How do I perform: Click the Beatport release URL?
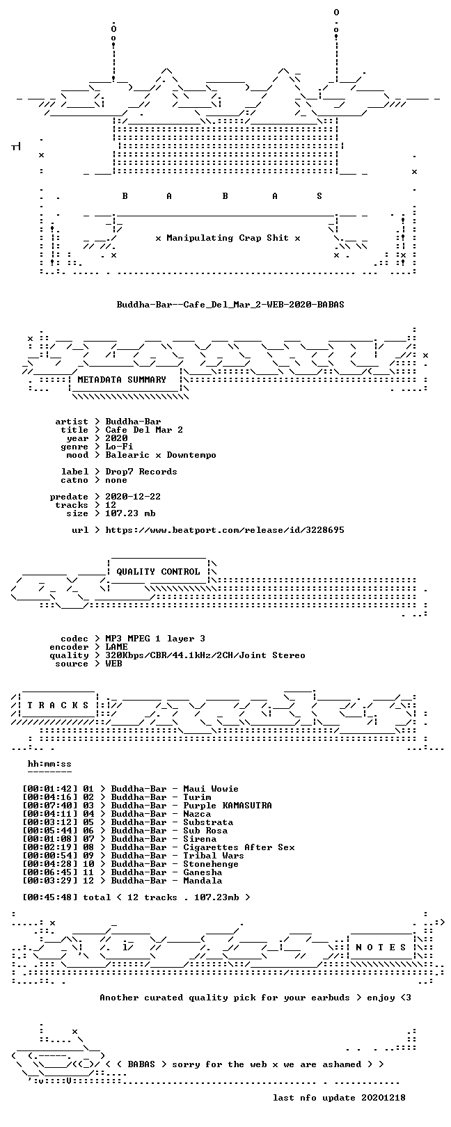coord(225,530)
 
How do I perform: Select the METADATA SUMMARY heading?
coord(122,380)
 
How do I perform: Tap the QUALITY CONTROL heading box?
coord(158,572)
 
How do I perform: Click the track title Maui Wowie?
coord(210,789)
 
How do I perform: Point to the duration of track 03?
coord(50,806)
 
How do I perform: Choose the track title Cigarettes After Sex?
coord(239,847)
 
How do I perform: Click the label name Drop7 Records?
coord(141,472)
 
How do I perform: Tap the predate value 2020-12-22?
coord(133,497)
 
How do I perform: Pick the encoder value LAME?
coord(116,647)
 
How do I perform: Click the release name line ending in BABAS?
coord(230,305)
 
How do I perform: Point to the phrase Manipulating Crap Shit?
coord(228,238)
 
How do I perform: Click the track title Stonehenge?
coord(210,864)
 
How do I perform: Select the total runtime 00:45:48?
coord(50,897)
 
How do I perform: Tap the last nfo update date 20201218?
coord(383,1097)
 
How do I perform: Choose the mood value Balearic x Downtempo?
coord(161,455)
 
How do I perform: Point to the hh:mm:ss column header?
coord(49,765)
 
